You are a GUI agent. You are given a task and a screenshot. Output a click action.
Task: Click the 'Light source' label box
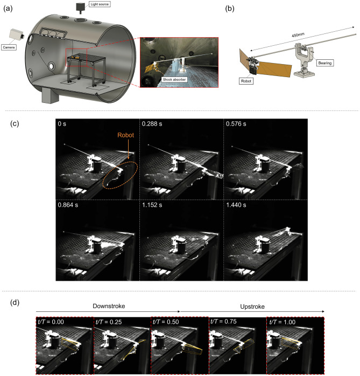pyautogui.click(x=100, y=4)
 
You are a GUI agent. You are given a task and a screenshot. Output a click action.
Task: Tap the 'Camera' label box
pyautogui.click(x=9, y=47)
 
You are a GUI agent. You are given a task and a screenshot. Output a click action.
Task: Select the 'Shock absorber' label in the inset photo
pyautogui.click(x=174, y=79)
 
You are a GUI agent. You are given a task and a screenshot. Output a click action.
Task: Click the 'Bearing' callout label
pyautogui.click(x=325, y=63)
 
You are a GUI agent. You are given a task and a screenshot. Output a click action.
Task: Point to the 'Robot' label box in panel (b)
pyautogui.click(x=246, y=81)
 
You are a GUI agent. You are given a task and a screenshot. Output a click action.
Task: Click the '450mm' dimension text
pyautogui.click(x=298, y=35)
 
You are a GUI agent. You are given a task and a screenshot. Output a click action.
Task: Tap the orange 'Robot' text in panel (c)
pyautogui.click(x=125, y=135)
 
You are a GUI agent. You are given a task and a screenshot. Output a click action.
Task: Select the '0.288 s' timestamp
pyautogui.click(x=152, y=124)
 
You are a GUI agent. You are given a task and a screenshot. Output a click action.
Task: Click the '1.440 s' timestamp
pyautogui.click(x=236, y=205)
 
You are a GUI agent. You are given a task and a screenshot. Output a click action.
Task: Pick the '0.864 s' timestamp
pyautogui.click(x=68, y=205)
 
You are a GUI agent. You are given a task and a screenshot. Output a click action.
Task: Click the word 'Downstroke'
pyautogui.click(x=109, y=306)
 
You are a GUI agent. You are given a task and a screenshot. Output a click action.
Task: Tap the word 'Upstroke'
pyautogui.click(x=252, y=307)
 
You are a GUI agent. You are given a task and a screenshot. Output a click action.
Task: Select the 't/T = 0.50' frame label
pyautogui.click(x=166, y=322)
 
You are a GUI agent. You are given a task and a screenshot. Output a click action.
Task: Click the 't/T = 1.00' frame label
pyautogui.click(x=282, y=322)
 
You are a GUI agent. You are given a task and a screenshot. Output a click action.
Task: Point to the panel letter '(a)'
pyautogui.click(x=8, y=9)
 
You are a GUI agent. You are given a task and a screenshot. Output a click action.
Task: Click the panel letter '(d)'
pyautogui.click(x=15, y=302)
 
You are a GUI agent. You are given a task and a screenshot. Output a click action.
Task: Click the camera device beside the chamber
pyautogui.click(x=17, y=35)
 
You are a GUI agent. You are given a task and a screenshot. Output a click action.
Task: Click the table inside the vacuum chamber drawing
pyautogui.click(x=86, y=58)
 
